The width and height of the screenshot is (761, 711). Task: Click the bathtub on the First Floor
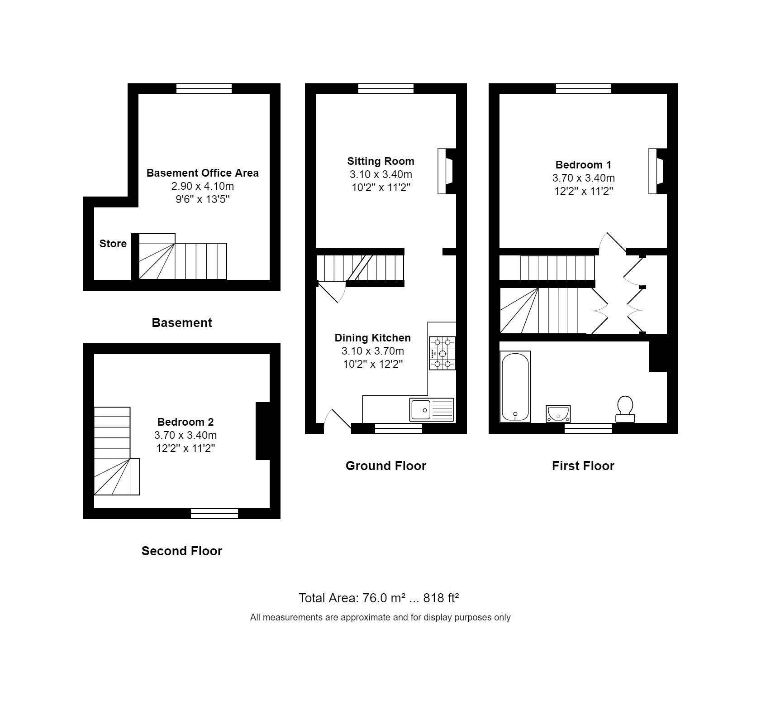[515, 386]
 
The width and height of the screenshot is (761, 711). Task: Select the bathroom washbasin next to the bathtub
[558, 413]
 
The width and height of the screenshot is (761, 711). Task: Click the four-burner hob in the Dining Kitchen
[442, 353]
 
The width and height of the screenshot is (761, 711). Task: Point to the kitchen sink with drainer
[432, 409]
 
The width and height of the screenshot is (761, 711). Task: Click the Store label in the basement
[113, 244]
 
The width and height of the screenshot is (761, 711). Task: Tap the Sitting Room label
[380, 161]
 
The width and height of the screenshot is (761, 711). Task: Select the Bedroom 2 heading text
[185, 422]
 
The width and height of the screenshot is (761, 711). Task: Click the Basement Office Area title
[203, 173]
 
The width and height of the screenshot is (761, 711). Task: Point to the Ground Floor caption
[386, 466]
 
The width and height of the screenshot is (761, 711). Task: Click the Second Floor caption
[182, 551]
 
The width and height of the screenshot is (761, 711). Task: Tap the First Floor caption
[583, 466]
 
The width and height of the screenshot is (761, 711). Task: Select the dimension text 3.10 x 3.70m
[373, 351]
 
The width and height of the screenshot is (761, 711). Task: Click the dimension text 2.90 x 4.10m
[203, 186]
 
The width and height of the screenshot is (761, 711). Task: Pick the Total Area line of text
[379, 598]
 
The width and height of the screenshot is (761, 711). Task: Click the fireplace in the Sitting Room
[446, 171]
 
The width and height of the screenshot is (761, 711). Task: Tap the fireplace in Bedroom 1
[657, 171]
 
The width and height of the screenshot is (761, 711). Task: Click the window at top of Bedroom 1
[584, 89]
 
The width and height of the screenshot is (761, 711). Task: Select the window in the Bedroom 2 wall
[214, 513]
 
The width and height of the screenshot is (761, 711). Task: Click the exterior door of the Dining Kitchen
[342, 419]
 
